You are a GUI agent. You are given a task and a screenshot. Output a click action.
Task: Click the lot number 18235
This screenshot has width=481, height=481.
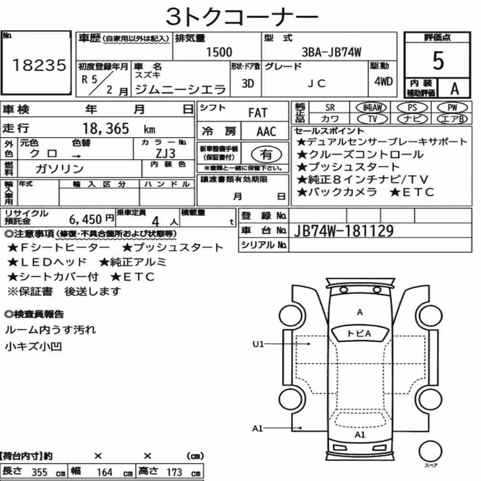[39, 65]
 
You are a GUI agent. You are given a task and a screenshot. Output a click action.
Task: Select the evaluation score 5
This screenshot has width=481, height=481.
[438, 61]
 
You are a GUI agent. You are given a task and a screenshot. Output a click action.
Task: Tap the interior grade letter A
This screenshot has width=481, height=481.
[455, 89]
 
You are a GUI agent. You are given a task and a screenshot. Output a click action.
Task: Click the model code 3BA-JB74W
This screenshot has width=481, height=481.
[331, 52]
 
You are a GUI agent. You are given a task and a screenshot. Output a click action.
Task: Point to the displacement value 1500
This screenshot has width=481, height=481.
[219, 52]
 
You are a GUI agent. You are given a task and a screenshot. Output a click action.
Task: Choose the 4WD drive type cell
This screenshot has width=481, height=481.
[383, 82]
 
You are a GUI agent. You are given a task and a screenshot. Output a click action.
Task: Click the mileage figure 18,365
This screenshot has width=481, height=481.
[106, 128]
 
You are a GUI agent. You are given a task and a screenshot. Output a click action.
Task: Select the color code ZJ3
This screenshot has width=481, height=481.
[165, 153]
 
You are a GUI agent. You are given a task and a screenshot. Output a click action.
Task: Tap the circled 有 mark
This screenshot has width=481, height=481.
[266, 154]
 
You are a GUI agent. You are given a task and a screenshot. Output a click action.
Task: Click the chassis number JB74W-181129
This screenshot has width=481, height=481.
[343, 231]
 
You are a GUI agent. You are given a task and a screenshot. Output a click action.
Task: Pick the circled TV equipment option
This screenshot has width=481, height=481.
[373, 119]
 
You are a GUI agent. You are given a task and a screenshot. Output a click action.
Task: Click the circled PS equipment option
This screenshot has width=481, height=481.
[412, 108]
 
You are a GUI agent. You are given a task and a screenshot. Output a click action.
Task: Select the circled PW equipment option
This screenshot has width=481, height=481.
[453, 108]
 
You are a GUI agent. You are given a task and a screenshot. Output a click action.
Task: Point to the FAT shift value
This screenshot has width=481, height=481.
[258, 113]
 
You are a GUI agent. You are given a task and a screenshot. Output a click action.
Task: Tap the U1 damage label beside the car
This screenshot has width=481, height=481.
[258, 344]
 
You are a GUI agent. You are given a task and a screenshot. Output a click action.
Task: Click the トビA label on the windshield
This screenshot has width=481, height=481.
[359, 333]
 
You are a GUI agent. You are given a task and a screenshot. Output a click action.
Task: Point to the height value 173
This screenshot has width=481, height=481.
[174, 472]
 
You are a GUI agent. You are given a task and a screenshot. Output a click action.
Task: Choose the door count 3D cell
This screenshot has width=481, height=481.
[248, 83]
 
